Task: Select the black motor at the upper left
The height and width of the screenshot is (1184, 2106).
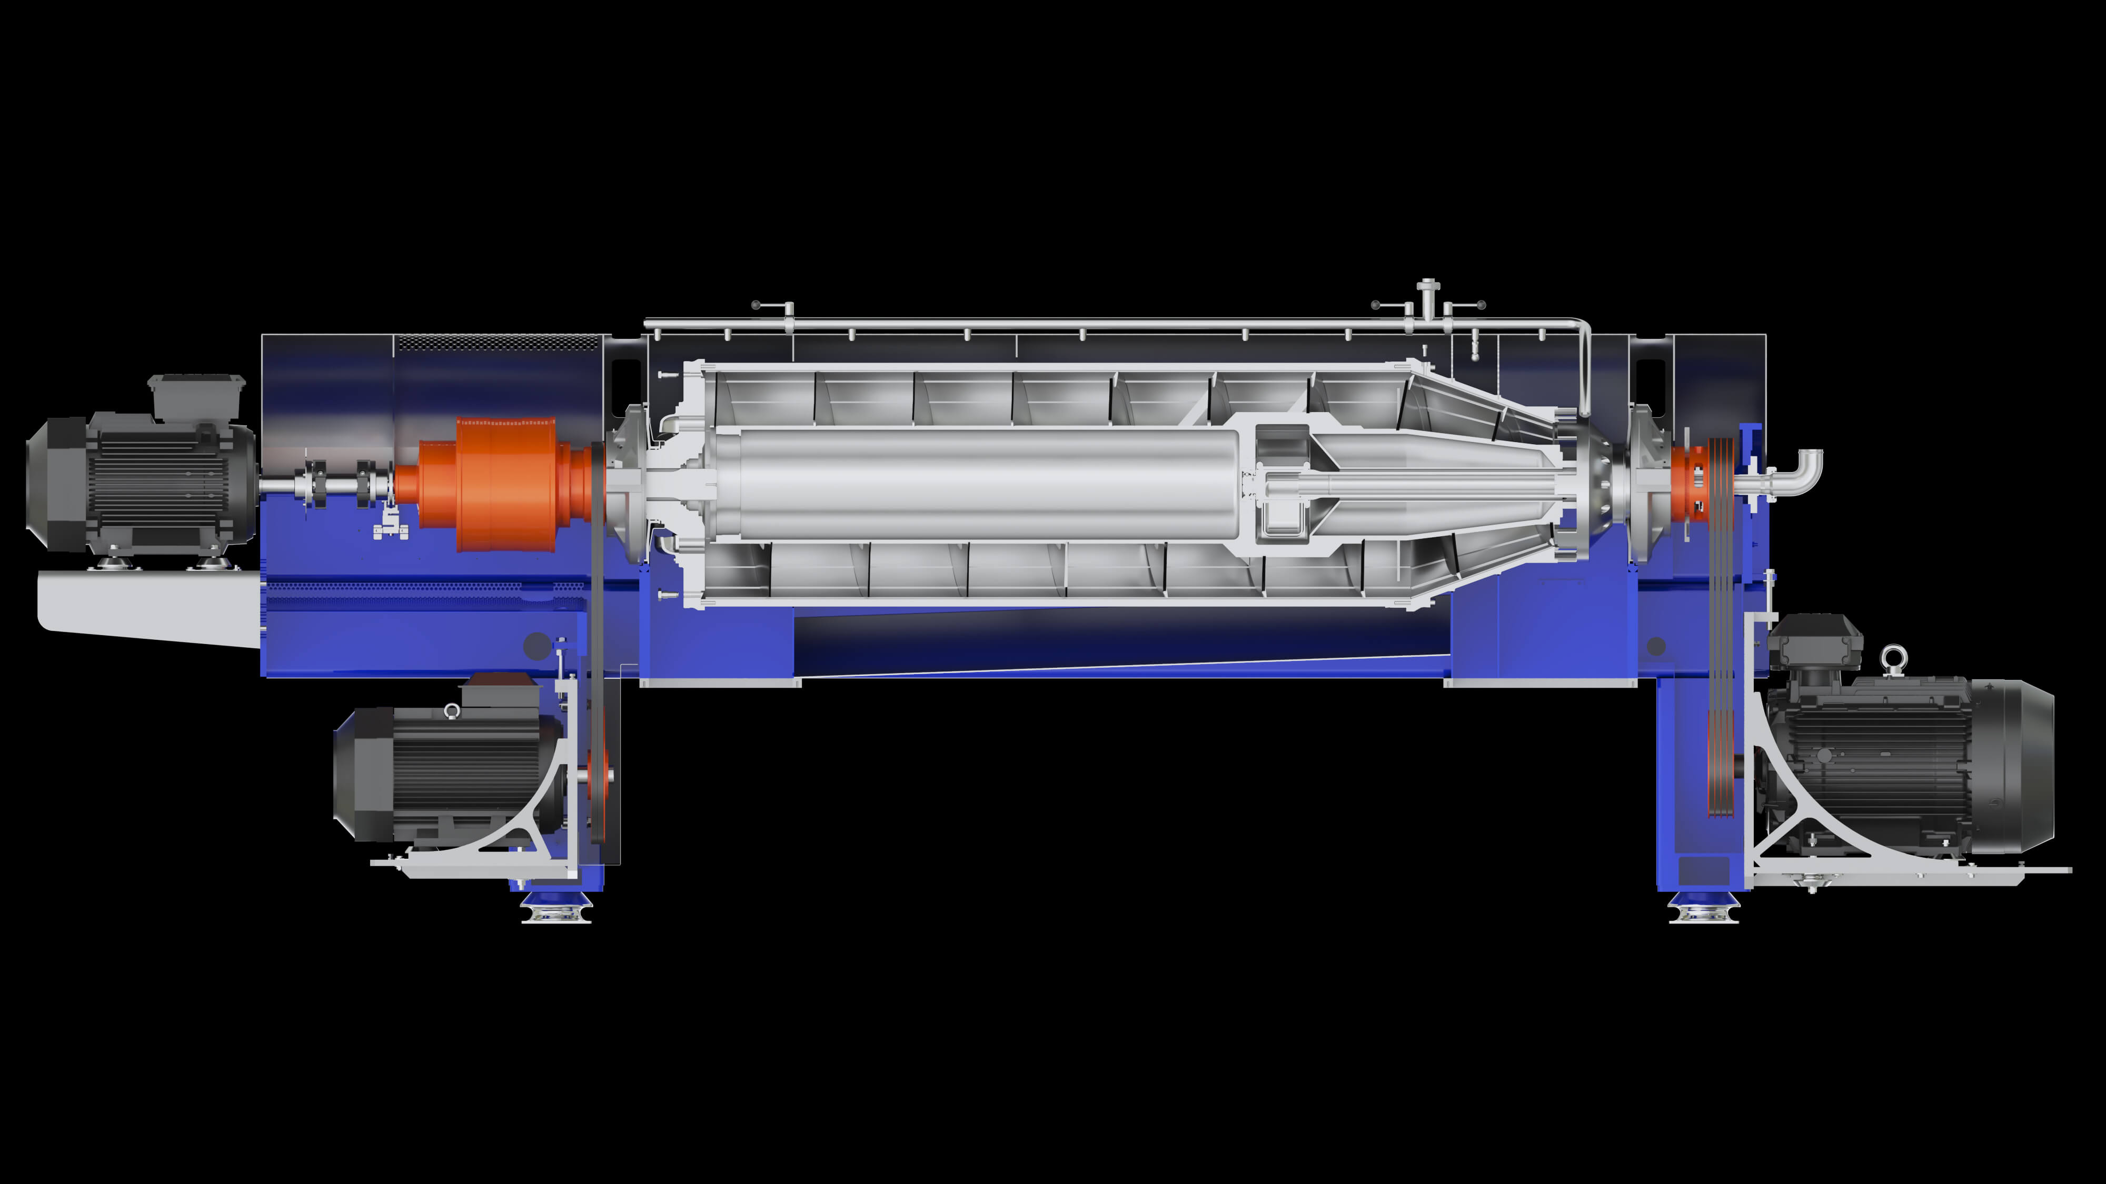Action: (x=139, y=482)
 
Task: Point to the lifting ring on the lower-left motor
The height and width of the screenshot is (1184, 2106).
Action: (x=451, y=711)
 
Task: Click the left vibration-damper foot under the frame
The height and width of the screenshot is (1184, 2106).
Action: (x=556, y=907)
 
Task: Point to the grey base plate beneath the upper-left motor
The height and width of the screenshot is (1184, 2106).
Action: (x=147, y=605)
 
